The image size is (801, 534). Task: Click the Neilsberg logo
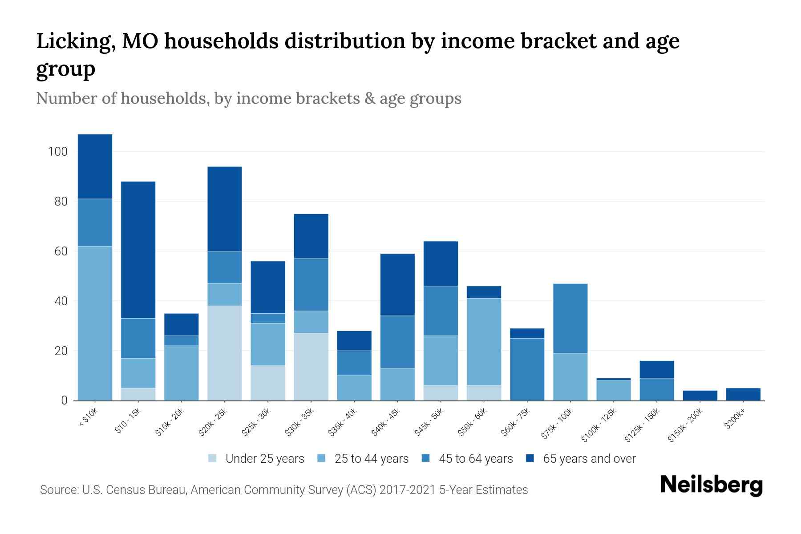click(x=711, y=485)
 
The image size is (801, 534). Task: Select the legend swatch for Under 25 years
click(x=213, y=458)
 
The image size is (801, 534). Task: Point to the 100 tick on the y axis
click(x=57, y=152)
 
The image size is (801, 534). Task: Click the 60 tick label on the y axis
click(x=60, y=251)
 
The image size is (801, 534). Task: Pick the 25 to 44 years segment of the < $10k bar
click(x=95, y=323)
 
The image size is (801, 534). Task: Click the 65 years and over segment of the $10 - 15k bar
click(x=138, y=250)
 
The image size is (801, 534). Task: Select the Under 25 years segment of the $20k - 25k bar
click(x=224, y=353)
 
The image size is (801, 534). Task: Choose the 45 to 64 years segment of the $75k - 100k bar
click(x=570, y=318)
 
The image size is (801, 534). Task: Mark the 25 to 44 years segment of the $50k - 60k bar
click(x=484, y=342)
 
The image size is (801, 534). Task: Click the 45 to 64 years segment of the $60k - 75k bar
click(x=527, y=369)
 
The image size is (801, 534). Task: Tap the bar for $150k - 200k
click(x=700, y=396)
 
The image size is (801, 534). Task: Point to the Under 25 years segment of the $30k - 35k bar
click(x=311, y=367)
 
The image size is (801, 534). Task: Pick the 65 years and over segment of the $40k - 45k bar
click(x=397, y=285)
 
